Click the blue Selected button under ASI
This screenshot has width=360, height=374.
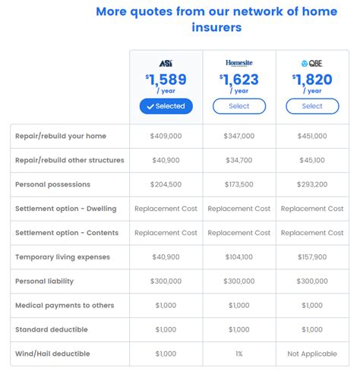click(166, 106)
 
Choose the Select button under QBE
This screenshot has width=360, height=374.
click(311, 106)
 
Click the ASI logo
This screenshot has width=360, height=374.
click(166, 64)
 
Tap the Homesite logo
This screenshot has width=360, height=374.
click(238, 64)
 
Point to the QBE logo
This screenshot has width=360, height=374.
click(311, 64)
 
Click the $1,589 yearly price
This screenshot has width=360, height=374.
click(166, 80)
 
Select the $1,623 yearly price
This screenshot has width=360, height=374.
click(238, 80)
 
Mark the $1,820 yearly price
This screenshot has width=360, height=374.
click(311, 80)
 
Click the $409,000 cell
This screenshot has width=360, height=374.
click(166, 136)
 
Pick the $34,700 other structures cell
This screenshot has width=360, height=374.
click(238, 160)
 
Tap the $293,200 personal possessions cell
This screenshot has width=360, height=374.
click(312, 184)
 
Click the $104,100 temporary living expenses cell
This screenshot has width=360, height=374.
click(238, 257)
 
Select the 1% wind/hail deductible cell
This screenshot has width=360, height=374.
click(238, 354)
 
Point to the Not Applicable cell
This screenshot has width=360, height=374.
click(312, 354)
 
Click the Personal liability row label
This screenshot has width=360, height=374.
click(45, 281)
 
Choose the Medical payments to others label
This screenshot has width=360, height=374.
click(65, 305)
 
